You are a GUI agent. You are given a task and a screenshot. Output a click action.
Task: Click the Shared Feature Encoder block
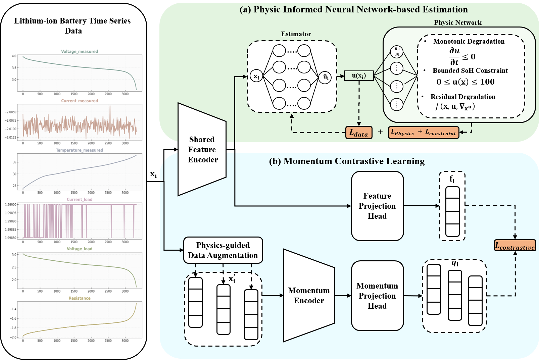[x=202, y=150]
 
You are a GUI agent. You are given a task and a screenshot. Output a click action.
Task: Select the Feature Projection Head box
[x=377, y=206]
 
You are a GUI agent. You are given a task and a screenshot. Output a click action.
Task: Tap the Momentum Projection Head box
[x=377, y=296]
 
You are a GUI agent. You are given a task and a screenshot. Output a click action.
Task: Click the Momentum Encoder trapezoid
[x=309, y=296]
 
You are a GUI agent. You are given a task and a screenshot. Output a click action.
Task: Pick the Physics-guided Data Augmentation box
[x=223, y=250]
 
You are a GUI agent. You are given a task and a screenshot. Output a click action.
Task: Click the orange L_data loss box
[x=359, y=133]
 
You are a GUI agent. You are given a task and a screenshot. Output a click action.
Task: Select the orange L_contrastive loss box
[x=515, y=246]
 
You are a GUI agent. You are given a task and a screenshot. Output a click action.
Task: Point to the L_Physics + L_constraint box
[x=424, y=132]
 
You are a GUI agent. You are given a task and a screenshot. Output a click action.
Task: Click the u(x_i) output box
[x=359, y=75]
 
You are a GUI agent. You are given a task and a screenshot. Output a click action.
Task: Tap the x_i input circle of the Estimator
[x=256, y=76]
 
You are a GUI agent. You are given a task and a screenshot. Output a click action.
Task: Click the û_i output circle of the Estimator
[x=325, y=77]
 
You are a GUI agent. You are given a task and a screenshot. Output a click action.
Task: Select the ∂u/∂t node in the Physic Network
[x=397, y=52]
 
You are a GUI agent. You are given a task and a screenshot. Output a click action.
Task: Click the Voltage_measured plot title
[x=80, y=51]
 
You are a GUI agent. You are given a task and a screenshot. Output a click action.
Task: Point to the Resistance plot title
[x=80, y=298]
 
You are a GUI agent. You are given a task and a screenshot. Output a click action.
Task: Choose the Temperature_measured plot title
[x=80, y=150]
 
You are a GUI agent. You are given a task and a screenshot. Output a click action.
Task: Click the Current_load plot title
[x=80, y=199]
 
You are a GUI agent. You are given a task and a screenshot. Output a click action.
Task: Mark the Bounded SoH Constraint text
[x=470, y=70]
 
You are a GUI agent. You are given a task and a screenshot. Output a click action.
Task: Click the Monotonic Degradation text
[x=469, y=41]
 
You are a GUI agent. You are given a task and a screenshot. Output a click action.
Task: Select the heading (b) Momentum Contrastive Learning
[x=347, y=161]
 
